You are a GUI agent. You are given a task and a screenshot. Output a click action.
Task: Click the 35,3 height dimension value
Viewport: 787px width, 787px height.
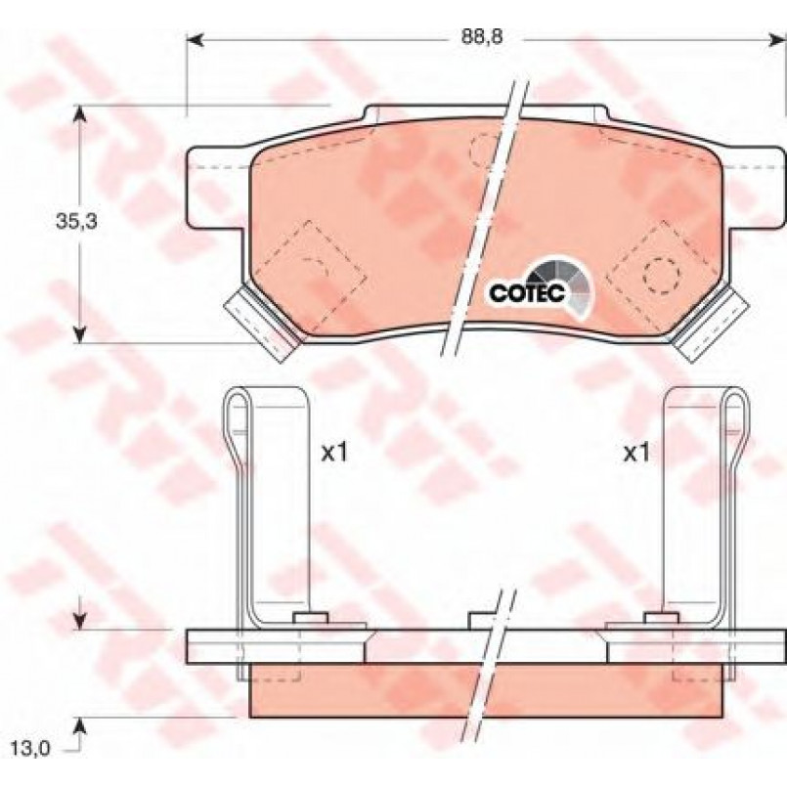click(x=77, y=221)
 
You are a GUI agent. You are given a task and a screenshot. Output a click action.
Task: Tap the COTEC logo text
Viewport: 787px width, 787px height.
click(x=528, y=293)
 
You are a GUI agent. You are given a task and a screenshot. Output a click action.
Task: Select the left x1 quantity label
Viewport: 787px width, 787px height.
click(x=334, y=454)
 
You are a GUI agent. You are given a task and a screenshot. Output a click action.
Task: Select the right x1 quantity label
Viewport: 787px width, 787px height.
click(x=636, y=454)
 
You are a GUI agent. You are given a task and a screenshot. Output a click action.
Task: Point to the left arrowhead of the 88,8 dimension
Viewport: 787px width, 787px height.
click(x=196, y=38)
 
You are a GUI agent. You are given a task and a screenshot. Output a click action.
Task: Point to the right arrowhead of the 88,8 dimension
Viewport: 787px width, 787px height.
click(x=777, y=38)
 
